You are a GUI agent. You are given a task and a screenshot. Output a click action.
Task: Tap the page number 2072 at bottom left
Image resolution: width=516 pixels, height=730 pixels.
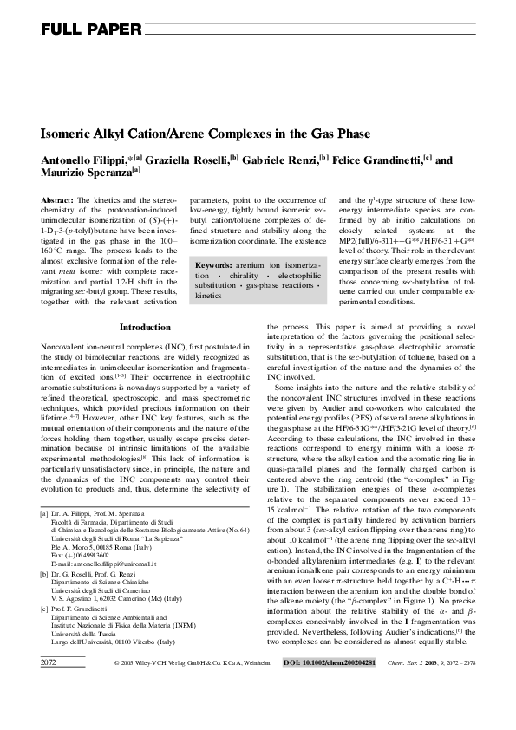coord(49,711)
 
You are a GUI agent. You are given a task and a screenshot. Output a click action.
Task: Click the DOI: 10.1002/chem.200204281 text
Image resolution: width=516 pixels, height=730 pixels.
coord(330,711)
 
